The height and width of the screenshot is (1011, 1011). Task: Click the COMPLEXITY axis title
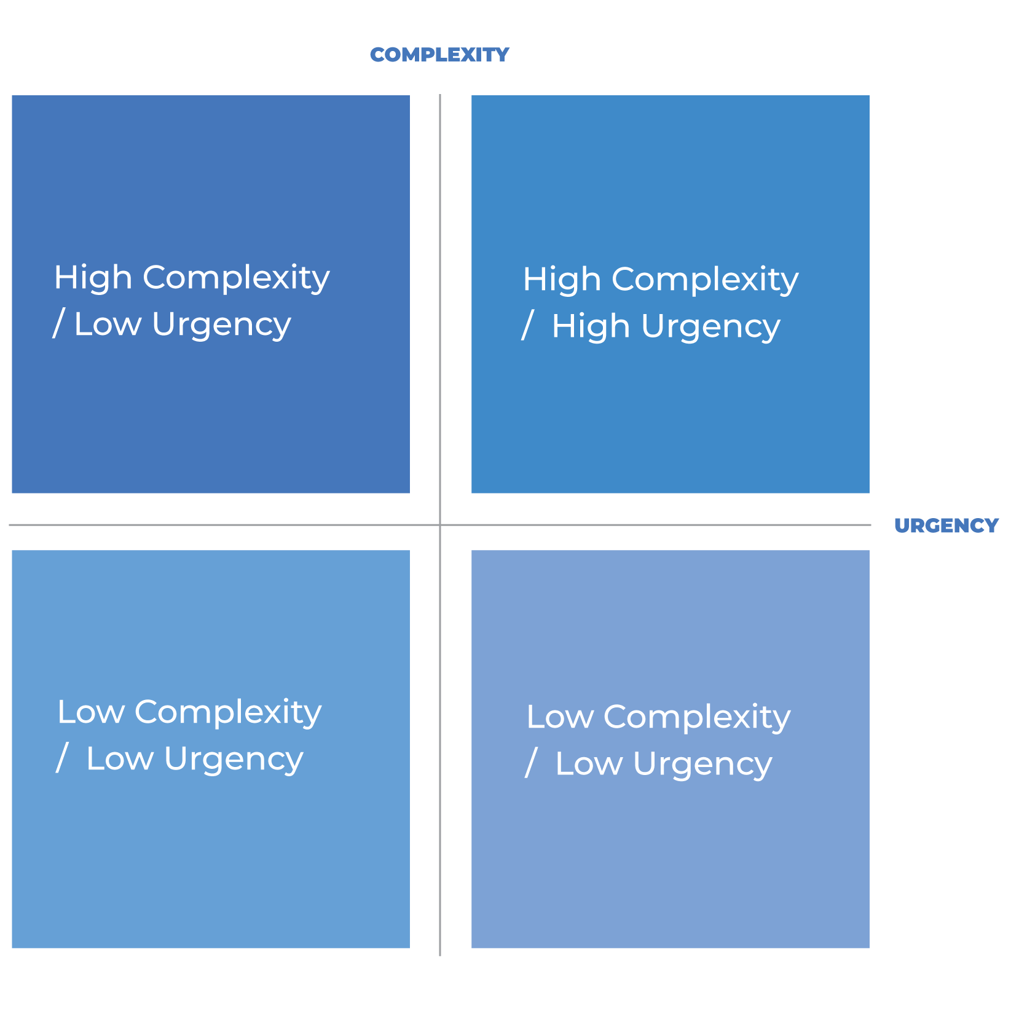point(439,55)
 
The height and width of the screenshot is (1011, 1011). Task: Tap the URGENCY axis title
point(946,525)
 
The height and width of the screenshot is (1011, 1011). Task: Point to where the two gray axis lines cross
point(440,525)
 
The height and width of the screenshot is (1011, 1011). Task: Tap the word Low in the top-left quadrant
point(108,325)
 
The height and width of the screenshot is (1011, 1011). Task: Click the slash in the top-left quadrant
point(59,324)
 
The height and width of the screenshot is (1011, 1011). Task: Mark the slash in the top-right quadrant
point(527,326)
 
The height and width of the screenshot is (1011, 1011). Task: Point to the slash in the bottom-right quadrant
point(531,763)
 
